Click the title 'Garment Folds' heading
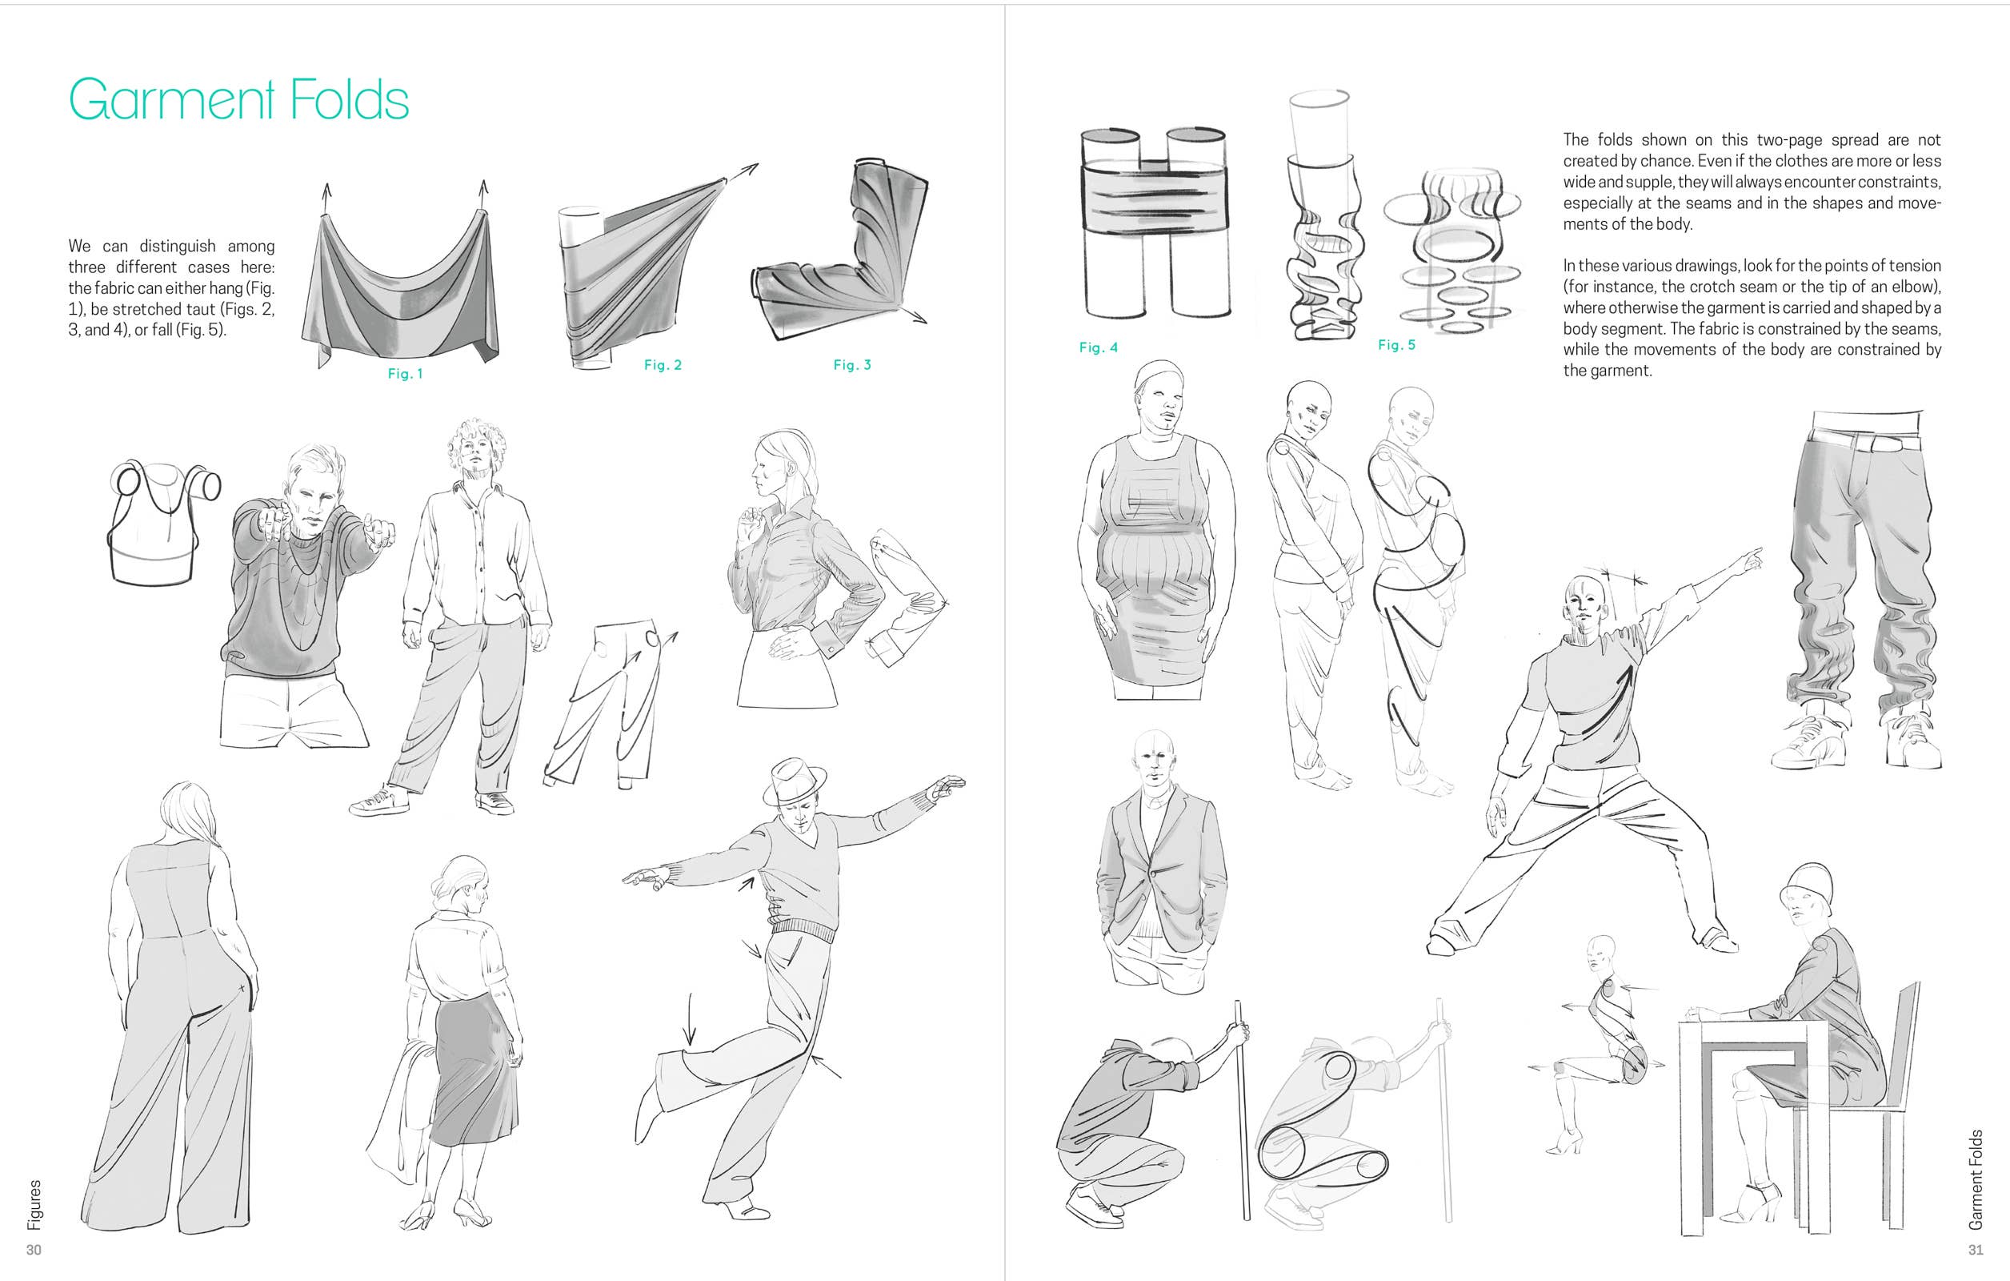click(238, 99)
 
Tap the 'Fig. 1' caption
click(405, 373)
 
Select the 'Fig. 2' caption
click(663, 365)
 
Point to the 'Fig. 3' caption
click(852, 365)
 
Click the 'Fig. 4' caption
click(1099, 347)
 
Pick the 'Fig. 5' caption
click(1396, 345)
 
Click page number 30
click(34, 1249)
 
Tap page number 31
click(1976, 1249)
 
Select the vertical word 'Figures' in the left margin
click(34, 1204)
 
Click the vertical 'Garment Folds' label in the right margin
click(1976, 1179)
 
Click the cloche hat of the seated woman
click(1808, 892)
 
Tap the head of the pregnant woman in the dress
click(1160, 396)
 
